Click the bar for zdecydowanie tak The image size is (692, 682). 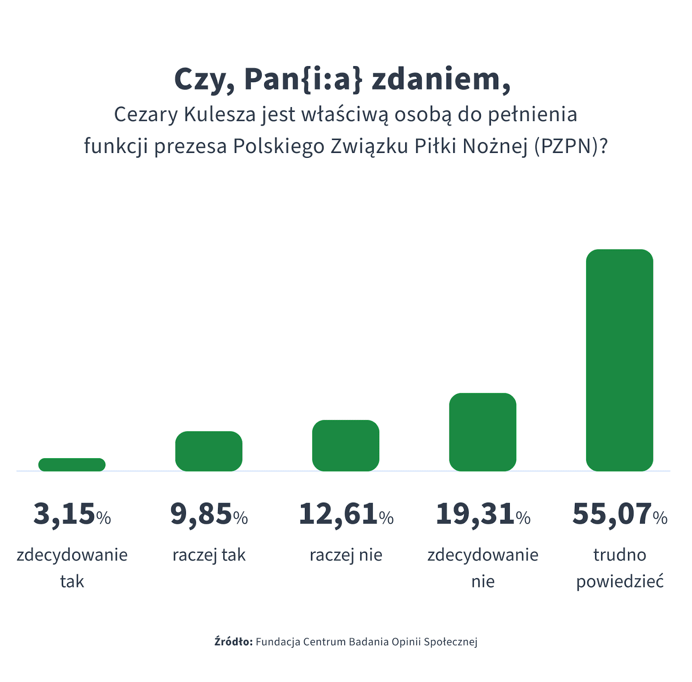(72, 465)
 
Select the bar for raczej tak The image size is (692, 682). (208, 451)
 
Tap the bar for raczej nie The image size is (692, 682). (346, 446)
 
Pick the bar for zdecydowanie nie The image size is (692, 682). (483, 432)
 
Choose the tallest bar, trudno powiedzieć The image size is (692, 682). (619, 360)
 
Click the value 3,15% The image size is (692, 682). (72, 514)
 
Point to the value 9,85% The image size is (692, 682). (209, 514)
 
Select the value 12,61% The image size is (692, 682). (346, 514)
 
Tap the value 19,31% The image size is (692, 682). (483, 514)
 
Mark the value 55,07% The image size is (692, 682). (619, 514)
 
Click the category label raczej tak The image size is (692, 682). (209, 555)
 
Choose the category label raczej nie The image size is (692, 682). (346, 555)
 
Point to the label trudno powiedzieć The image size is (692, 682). (619, 568)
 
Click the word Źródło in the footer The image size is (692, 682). (233, 642)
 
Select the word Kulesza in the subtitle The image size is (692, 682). (220, 115)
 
